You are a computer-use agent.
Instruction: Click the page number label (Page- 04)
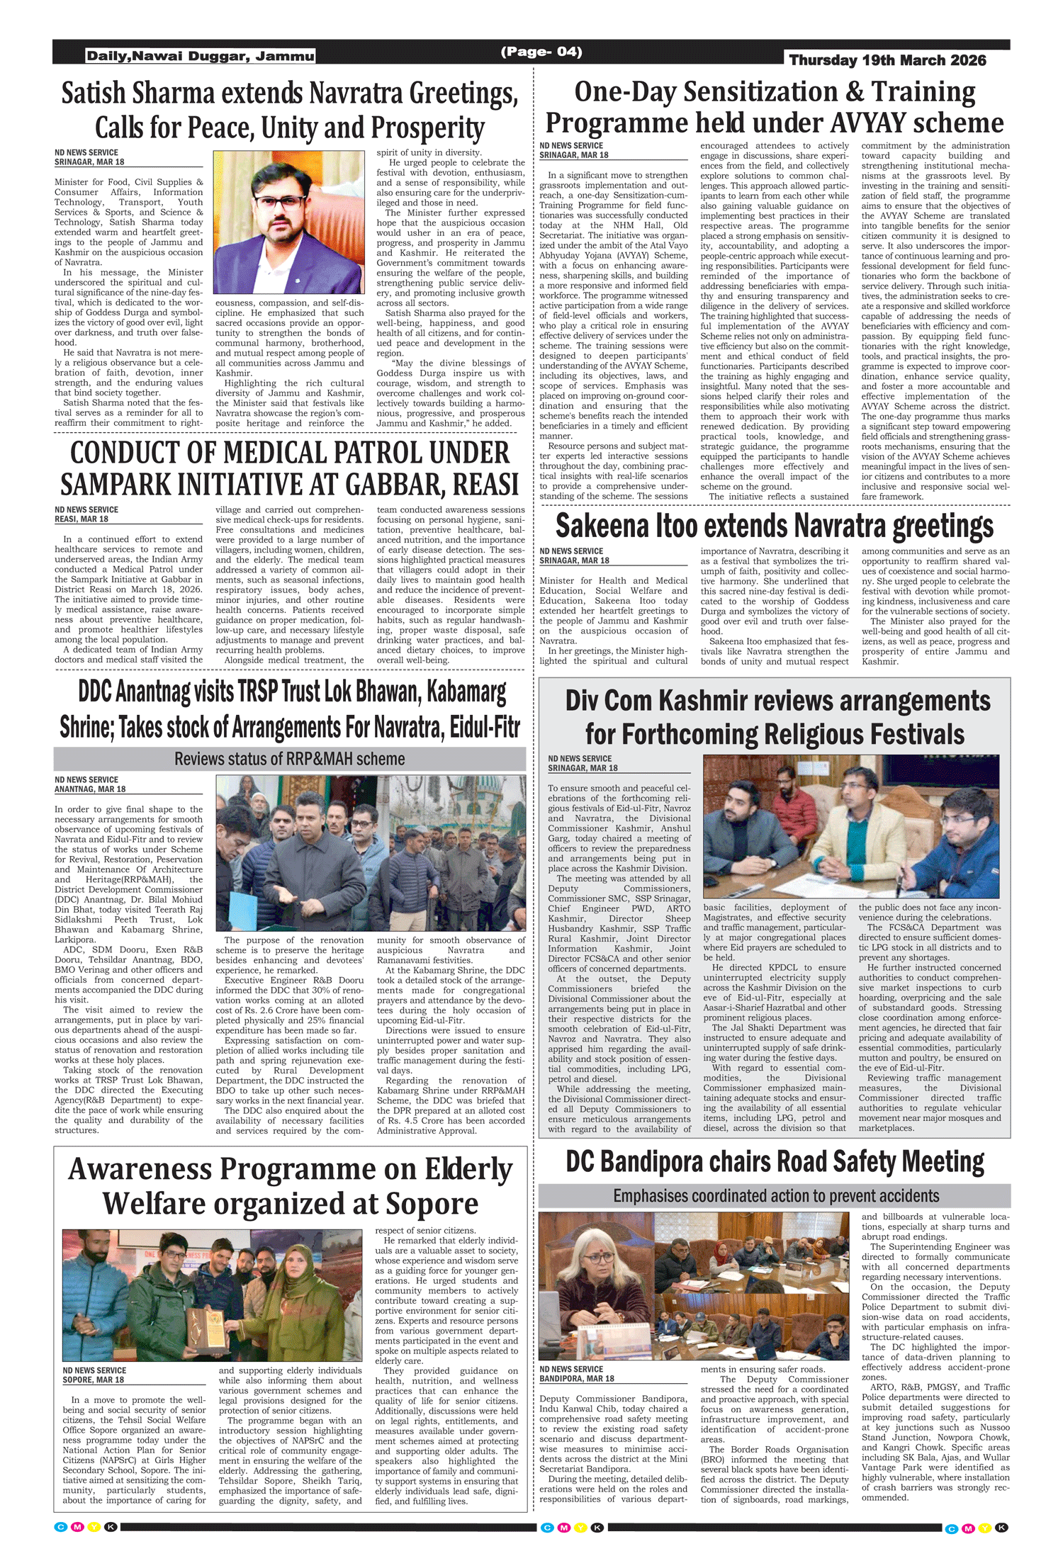click(x=541, y=52)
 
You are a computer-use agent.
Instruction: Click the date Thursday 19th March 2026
click(x=887, y=60)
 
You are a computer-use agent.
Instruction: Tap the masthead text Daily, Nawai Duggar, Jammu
click(x=201, y=56)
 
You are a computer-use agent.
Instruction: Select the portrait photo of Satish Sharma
click(x=288, y=222)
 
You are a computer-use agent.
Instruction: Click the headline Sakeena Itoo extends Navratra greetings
click(x=774, y=526)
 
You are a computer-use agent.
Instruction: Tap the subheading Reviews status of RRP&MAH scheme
click(x=289, y=759)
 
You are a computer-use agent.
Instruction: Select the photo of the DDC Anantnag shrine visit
click(x=371, y=852)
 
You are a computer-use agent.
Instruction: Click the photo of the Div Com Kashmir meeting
click(x=850, y=826)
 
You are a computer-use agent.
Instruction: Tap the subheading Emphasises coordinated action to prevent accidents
click(x=775, y=1196)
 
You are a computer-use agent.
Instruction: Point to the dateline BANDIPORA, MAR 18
click(x=576, y=1378)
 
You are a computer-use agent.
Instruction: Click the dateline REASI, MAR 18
click(x=81, y=519)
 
